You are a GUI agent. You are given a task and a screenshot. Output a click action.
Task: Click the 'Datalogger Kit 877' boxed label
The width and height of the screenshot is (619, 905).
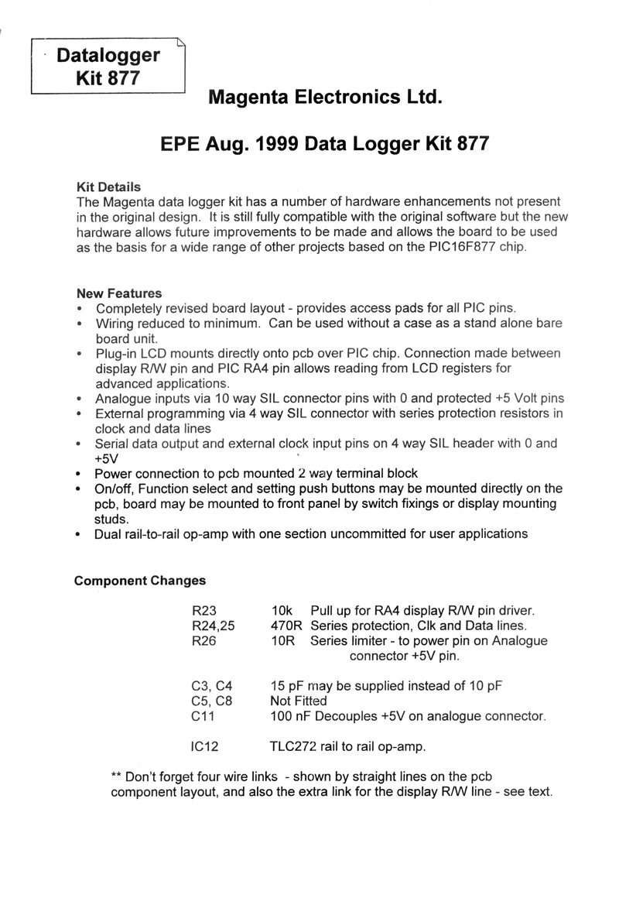[x=108, y=67]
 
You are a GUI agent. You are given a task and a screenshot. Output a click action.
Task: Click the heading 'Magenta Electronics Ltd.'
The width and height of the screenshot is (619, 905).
[x=326, y=98]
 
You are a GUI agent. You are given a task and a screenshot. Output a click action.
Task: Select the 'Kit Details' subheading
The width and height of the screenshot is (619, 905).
[x=108, y=187]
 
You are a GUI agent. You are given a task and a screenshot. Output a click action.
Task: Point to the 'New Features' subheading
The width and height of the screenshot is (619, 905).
[x=119, y=293]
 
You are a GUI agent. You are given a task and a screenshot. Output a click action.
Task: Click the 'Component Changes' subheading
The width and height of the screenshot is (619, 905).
[x=139, y=581]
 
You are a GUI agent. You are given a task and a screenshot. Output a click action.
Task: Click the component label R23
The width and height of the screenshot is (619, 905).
[x=203, y=612]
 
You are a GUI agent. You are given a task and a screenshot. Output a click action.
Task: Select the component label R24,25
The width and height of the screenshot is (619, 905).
[x=212, y=626]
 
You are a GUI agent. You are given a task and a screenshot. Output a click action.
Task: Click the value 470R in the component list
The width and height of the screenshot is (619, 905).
[x=286, y=626]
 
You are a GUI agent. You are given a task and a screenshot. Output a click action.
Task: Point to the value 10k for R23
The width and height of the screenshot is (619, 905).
[x=282, y=612]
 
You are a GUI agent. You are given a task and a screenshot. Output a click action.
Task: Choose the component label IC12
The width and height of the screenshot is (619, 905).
[x=206, y=746]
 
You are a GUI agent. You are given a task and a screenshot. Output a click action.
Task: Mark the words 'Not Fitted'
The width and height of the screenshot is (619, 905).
[x=299, y=701]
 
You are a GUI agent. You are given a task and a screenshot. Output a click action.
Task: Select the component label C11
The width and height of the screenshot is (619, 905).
[x=203, y=716]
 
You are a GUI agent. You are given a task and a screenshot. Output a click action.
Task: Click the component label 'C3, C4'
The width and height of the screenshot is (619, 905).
[x=211, y=686]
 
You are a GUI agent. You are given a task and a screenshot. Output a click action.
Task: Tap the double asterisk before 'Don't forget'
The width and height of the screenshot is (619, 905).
[x=117, y=776]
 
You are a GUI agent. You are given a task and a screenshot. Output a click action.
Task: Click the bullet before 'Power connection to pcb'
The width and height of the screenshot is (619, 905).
[x=80, y=474]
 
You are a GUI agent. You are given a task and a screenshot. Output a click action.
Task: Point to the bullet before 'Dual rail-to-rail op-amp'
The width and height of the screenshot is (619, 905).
[x=80, y=534]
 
